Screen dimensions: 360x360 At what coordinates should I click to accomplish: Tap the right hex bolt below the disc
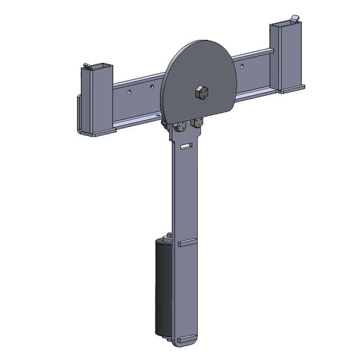coord(197,122)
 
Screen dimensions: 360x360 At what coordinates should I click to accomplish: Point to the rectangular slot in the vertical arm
coord(185,146)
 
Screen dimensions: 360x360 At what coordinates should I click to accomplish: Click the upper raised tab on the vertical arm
coord(187,243)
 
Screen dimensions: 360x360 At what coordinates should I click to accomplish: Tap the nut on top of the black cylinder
coord(169,236)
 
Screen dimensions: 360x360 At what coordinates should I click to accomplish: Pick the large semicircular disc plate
coord(198,76)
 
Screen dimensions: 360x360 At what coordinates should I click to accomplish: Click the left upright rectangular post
coord(96,99)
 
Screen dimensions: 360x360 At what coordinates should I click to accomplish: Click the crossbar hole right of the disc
coord(242,66)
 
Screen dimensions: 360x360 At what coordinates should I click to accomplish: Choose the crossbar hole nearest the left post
coord(129,92)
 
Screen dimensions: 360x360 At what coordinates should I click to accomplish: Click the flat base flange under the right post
coord(292,89)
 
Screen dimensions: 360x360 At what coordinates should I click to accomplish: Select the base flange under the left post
coord(97,132)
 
